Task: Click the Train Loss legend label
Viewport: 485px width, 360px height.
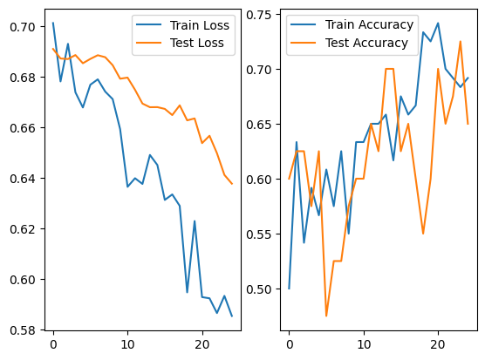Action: pyautogui.click(x=200, y=25)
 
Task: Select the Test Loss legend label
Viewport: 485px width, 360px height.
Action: pyautogui.click(x=197, y=43)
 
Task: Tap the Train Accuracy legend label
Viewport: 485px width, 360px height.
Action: pyautogui.click(x=369, y=24)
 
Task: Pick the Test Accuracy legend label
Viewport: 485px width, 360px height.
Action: pyautogui.click(x=366, y=43)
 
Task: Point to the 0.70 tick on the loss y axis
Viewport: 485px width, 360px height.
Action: pyautogui.click(x=23, y=27)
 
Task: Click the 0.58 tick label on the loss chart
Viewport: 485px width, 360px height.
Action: pyautogui.click(x=23, y=330)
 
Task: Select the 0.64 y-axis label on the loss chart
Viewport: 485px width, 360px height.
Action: pyautogui.click(x=23, y=179)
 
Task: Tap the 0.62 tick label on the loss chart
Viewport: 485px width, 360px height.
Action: pyautogui.click(x=23, y=229)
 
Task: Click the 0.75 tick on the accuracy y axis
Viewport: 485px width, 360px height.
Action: pyautogui.click(x=258, y=15)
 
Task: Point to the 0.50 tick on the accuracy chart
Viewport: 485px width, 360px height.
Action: pyautogui.click(x=258, y=289)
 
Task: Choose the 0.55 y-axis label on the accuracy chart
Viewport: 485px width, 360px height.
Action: pyautogui.click(x=258, y=234)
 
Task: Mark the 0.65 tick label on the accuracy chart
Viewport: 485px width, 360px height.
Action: pyautogui.click(x=258, y=125)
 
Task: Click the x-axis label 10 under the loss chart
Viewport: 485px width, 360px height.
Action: pyautogui.click(x=127, y=344)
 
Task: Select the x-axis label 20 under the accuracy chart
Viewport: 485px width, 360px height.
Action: pyautogui.click(x=438, y=344)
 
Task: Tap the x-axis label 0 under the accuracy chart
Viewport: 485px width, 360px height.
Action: pyautogui.click(x=290, y=344)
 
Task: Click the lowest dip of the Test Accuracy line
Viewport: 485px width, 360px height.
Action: pyautogui.click(x=326, y=316)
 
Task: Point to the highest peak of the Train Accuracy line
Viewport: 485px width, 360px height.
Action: pyautogui.click(x=438, y=23)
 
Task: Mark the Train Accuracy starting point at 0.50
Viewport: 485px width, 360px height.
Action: pyautogui.click(x=290, y=289)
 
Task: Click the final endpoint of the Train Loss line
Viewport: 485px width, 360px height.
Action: pyautogui.click(x=232, y=316)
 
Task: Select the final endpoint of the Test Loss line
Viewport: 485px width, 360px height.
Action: pyautogui.click(x=232, y=184)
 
